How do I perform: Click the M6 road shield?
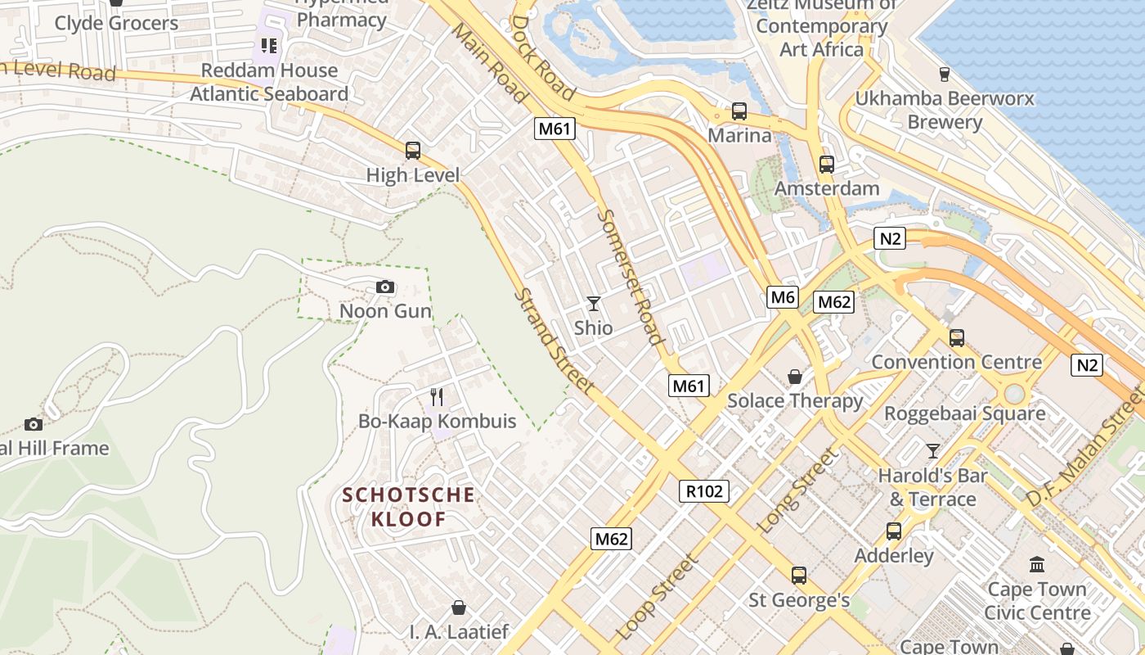[783, 297]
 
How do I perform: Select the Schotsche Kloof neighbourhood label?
[409, 507]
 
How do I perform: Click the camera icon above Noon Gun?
[385, 287]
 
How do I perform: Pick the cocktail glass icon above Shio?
[594, 304]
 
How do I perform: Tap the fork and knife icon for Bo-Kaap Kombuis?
[438, 397]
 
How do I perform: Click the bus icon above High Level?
[413, 151]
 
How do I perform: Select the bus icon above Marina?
[739, 111]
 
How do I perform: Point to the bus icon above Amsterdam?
[827, 165]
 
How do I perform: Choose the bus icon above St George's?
[799, 576]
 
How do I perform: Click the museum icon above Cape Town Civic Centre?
[1037, 564]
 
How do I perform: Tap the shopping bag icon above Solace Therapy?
[794, 377]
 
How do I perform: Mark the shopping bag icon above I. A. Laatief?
[459, 608]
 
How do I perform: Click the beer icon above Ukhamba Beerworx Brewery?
[945, 75]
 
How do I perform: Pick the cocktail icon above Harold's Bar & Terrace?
[932, 450]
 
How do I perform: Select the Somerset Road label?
[630, 277]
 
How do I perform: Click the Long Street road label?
[798, 491]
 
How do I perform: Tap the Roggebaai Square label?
[964, 413]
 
